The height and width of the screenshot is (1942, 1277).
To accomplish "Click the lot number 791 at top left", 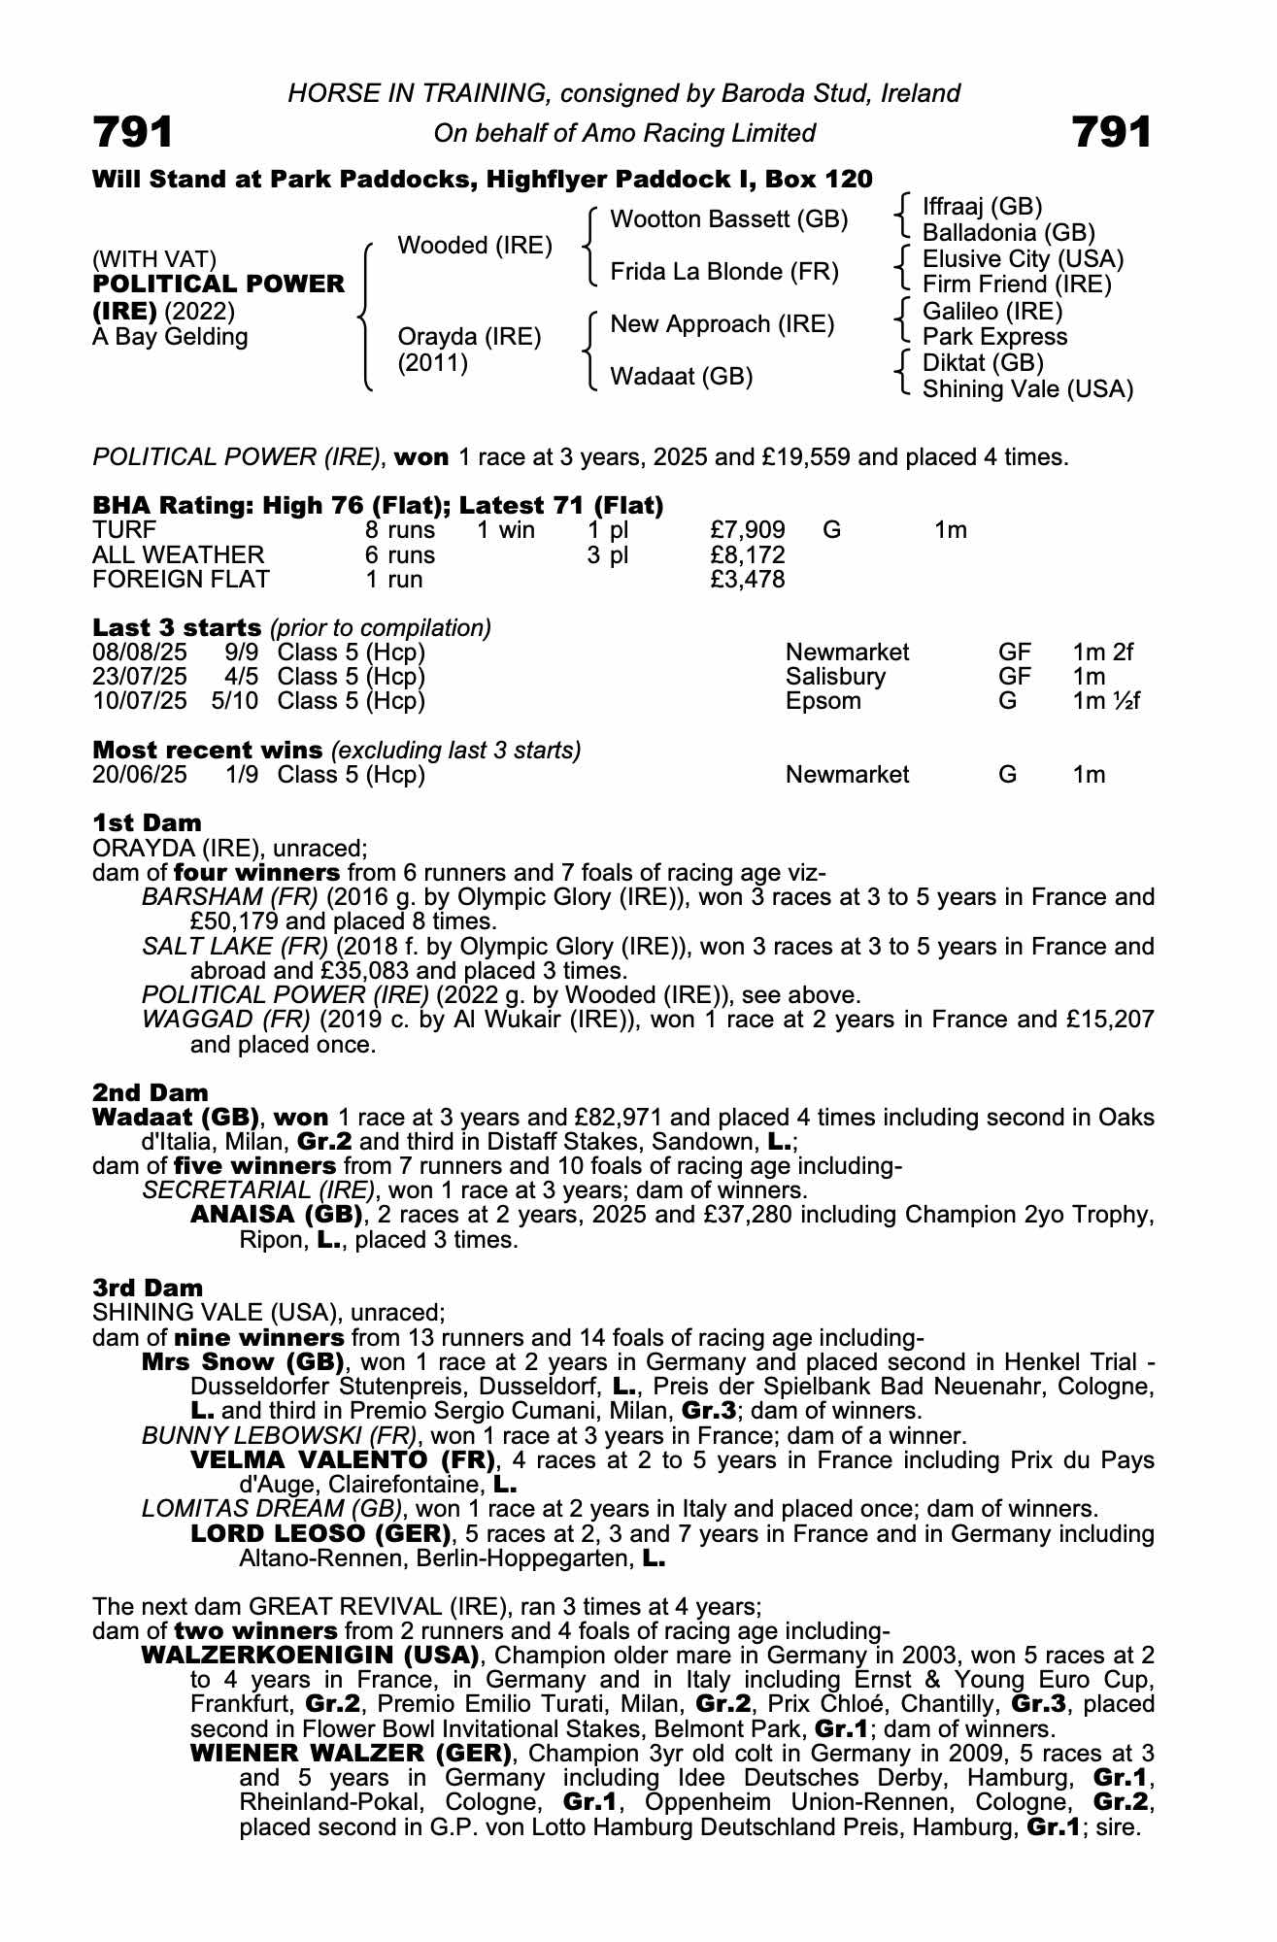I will pyautogui.click(x=133, y=132).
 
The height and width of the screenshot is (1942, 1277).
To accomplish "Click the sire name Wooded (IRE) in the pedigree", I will pyautogui.click(x=475, y=246).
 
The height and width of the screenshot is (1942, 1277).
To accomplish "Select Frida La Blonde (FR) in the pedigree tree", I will pyautogui.click(x=723, y=271).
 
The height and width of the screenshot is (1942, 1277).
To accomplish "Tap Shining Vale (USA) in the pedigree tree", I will pyautogui.click(x=1027, y=389).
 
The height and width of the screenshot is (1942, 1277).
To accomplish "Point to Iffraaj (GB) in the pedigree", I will pyautogui.click(x=982, y=206).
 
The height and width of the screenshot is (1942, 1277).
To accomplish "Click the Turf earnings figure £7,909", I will pyautogui.click(x=748, y=530).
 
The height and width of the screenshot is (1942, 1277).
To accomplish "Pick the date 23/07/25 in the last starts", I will pyautogui.click(x=139, y=677).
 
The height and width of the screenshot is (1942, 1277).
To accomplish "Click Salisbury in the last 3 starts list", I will pyautogui.click(x=835, y=677).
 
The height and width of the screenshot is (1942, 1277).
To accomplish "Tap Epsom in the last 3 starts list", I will pyautogui.click(x=823, y=701).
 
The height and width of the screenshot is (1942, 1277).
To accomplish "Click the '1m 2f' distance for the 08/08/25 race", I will pyautogui.click(x=1102, y=652).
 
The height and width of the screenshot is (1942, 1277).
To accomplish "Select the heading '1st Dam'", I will pyautogui.click(x=147, y=823).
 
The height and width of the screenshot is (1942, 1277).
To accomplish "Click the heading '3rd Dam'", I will pyautogui.click(x=148, y=1288).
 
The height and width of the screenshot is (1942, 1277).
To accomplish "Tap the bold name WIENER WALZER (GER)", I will pyautogui.click(x=351, y=1754).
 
